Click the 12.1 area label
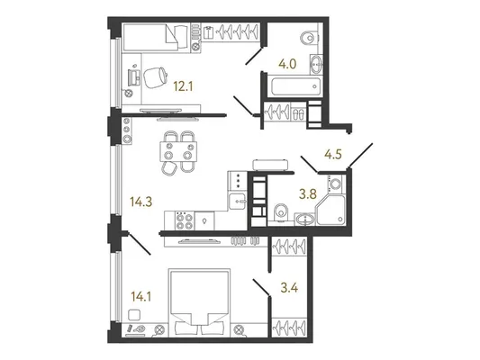pos(183,87)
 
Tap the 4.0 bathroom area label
pos(287,64)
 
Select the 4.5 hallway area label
pos(333,155)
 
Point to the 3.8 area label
pos(308,194)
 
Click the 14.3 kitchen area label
pos(141,202)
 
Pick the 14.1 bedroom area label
pos(141,296)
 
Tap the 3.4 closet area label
pos(289,288)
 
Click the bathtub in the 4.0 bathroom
pos(295,86)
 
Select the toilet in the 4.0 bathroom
pos(309,38)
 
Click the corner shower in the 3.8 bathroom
pos(331,211)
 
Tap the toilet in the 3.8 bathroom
pos(280,212)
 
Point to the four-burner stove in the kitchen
pos(185,220)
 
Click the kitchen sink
pos(237,201)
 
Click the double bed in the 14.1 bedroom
pos(200,302)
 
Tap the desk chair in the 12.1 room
pos(155,77)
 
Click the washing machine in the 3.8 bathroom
pos(336,184)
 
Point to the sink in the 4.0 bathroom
pos(315,64)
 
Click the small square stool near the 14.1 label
pos(134,315)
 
